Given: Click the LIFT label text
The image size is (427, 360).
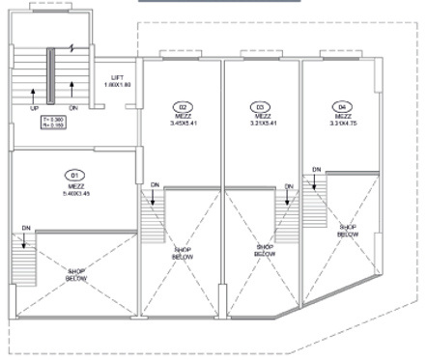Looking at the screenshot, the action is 118,76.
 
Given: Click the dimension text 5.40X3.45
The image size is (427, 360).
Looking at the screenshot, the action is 76,194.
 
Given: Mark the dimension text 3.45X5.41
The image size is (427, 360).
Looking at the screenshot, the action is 182,125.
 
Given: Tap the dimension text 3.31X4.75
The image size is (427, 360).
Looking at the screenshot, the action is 340,125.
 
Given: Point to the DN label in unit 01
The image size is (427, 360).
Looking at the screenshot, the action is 27,228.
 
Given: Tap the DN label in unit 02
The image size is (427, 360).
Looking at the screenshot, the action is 155,182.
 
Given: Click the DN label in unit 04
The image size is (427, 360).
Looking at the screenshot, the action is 316,169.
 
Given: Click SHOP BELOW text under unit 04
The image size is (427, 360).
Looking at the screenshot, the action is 348,231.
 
